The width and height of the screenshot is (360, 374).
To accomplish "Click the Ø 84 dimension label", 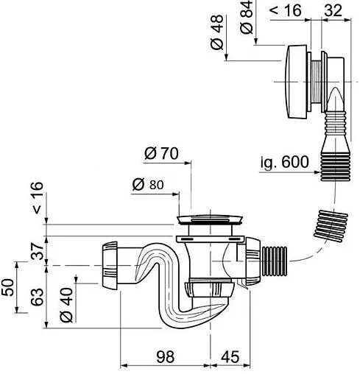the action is [247, 17].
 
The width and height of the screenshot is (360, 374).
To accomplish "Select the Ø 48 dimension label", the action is [217, 32].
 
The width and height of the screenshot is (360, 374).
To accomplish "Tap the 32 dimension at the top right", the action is [333, 10].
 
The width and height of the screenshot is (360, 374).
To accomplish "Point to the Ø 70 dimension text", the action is [161, 154].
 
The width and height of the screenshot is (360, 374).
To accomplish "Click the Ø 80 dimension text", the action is [148, 185].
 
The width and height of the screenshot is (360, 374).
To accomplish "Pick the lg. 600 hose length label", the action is [284, 162].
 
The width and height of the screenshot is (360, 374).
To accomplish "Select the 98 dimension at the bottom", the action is [166, 356].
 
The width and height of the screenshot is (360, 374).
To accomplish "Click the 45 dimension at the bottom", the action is [230, 356].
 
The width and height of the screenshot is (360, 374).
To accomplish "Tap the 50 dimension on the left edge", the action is [7, 287].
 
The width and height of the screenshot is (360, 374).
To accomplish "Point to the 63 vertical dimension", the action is [37, 297].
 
